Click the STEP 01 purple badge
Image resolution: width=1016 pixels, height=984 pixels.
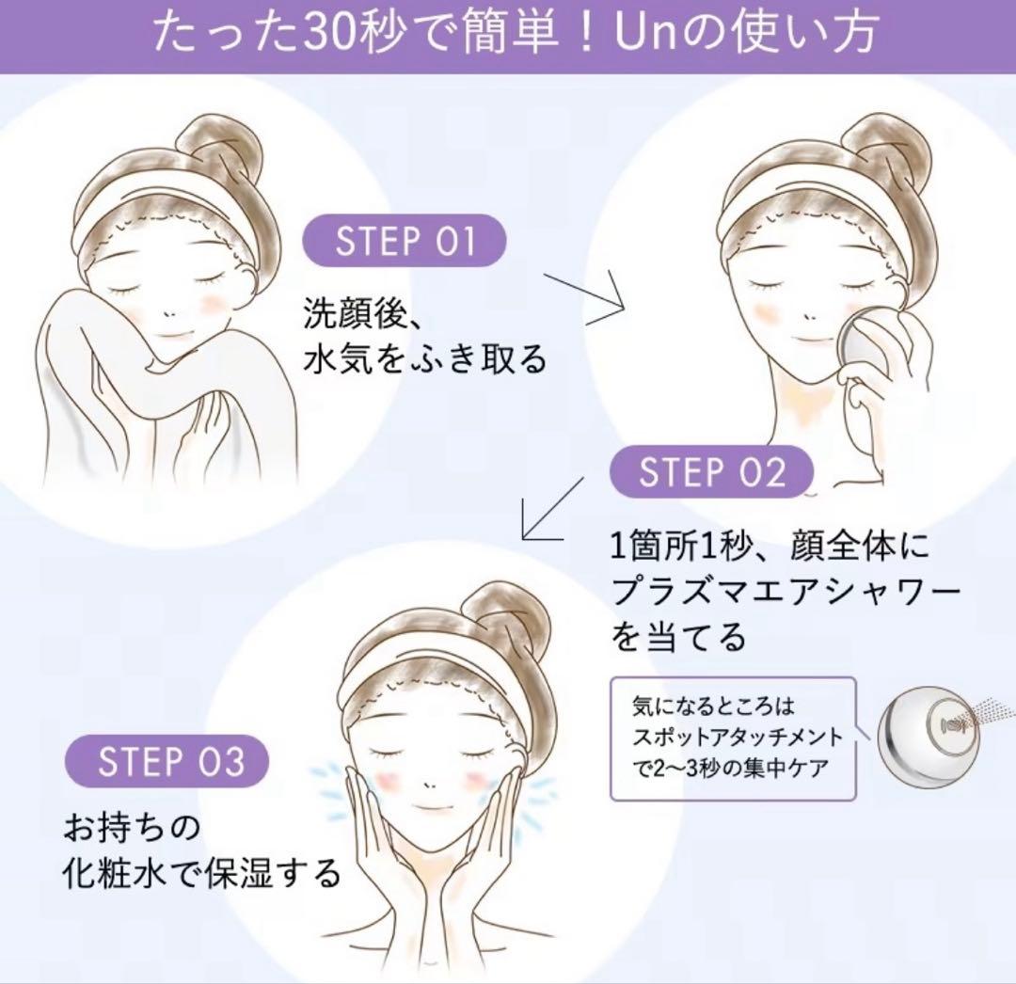405,240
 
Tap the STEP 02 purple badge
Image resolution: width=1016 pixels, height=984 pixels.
711,471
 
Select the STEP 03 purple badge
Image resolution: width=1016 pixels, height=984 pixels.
167,760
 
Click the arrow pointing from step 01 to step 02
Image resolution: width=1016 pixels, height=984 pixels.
583,299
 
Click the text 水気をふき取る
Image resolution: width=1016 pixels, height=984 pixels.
426,358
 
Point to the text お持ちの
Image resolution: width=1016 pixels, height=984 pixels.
132,828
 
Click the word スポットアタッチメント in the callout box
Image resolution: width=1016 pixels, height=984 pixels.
738,738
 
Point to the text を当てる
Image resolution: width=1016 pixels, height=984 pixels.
679,636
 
